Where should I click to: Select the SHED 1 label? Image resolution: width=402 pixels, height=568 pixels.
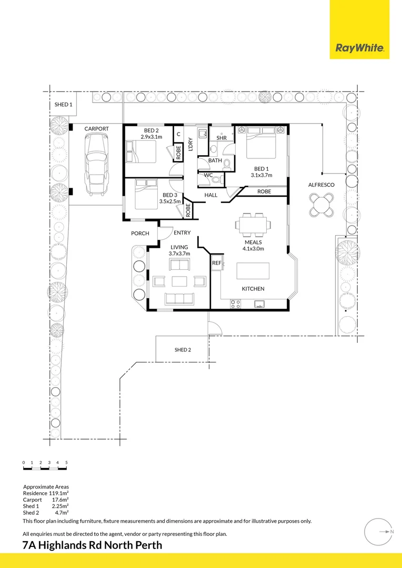pyautogui.click(x=64, y=105)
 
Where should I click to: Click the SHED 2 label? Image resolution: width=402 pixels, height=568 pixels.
pyautogui.click(x=183, y=350)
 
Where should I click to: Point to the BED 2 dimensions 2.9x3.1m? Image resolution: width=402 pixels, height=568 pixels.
pyautogui.click(x=152, y=137)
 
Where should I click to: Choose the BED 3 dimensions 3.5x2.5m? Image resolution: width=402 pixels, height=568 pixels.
pyautogui.click(x=170, y=201)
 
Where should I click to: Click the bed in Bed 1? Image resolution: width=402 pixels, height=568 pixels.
pyautogui.click(x=262, y=143)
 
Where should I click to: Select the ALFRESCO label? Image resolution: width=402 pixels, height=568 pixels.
pyautogui.click(x=321, y=185)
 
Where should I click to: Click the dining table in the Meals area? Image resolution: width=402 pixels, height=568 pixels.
pyautogui.click(x=254, y=225)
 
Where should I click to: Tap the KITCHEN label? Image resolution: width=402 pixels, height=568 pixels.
pyautogui.click(x=253, y=289)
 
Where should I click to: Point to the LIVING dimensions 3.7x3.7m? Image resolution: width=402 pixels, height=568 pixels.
pyautogui.click(x=179, y=253)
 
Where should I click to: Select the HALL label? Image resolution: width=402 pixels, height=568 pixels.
pyautogui.click(x=211, y=195)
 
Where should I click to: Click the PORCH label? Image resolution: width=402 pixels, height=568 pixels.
pyautogui.click(x=140, y=234)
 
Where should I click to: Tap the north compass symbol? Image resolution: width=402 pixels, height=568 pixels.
pyautogui.click(x=379, y=532)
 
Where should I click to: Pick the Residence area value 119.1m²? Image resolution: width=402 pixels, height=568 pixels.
pyautogui.click(x=59, y=494)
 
